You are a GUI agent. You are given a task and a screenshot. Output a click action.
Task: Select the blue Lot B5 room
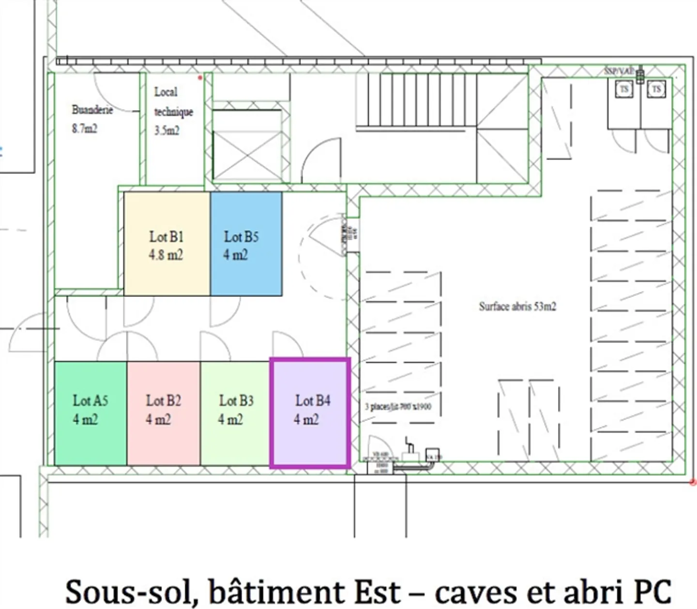point(246,244)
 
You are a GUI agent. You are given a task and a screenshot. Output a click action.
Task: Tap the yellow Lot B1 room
point(167,244)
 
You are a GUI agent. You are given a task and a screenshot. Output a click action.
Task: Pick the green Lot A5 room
point(91,413)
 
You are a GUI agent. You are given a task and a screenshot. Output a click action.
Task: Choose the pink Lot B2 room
point(164,413)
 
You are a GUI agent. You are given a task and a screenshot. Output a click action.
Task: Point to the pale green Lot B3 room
point(235,413)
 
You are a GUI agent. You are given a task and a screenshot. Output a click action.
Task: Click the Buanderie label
point(92,110)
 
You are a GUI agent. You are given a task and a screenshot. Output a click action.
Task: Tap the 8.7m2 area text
point(85,128)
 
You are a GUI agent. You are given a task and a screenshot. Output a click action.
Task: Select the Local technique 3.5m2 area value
point(167,130)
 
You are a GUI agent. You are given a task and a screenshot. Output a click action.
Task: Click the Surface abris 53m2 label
point(517,306)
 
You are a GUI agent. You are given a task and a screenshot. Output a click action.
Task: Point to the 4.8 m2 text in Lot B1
point(166,255)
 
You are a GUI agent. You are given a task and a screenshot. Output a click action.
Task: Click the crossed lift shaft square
point(247,156)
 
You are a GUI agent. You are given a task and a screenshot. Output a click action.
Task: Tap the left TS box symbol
point(624,89)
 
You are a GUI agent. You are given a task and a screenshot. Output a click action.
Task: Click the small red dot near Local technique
point(200,78)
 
